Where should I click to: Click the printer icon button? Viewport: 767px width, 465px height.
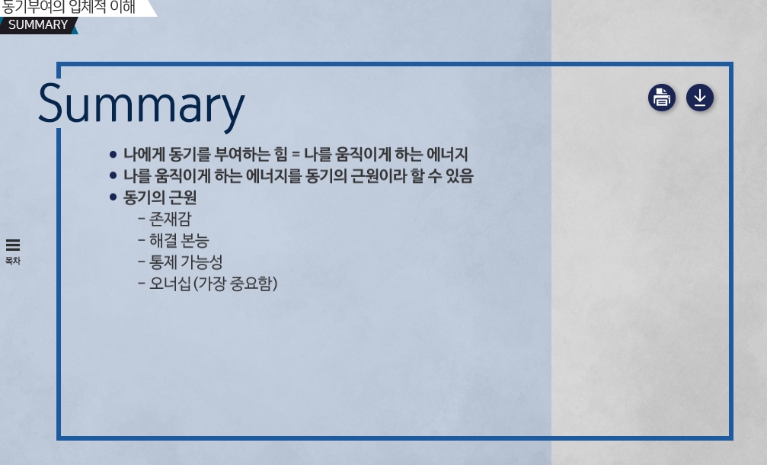662,98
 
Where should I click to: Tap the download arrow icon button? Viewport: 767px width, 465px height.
700,98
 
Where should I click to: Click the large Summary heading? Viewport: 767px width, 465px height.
142,104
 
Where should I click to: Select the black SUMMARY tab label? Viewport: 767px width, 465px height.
38,25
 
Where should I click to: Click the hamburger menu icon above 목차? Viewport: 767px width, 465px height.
13,245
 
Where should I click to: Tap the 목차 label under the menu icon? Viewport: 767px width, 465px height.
13,261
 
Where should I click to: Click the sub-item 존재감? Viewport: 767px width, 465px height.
170,219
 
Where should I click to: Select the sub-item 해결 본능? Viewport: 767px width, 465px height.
179,240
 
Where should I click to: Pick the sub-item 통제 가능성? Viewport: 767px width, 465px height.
186,262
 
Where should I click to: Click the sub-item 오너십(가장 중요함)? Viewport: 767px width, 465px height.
213,284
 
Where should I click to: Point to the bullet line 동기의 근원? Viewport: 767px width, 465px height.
160,197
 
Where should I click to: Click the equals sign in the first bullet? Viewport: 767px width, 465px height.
296,155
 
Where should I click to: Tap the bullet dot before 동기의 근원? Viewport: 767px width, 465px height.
113,197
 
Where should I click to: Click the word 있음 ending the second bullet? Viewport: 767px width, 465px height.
460,176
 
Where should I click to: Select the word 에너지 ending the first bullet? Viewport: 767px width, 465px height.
447,154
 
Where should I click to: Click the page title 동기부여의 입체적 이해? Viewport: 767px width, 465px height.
69,7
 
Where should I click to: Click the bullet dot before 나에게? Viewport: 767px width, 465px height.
113,155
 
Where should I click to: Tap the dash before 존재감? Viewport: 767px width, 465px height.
142,219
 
